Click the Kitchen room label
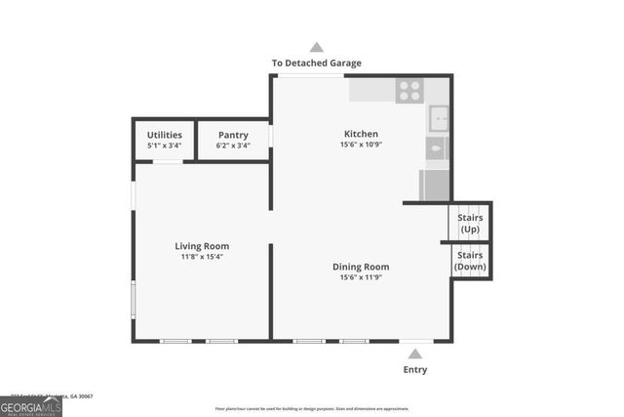tap(361, 134)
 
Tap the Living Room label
tap(202, 246)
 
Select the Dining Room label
tap(361, 267)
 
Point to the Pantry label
tap(233, 135)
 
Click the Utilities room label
tap(164, 135)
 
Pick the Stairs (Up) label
tap(470, 222)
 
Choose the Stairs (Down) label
tap(470, 260)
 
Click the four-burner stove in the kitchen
tap(409, 90)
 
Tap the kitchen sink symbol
tap(439, 118)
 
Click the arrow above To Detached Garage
tap(316, 47)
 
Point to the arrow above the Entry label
tap(415, 354)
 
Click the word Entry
tap(415, 370)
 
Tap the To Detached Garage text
tap(316, 63)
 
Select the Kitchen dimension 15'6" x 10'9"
tap(361, 146)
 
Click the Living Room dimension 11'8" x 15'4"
tap(202, 257)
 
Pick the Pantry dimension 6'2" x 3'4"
tap(233, 146)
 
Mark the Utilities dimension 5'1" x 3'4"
tap(164, 146)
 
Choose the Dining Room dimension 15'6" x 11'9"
tap(361, 277)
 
